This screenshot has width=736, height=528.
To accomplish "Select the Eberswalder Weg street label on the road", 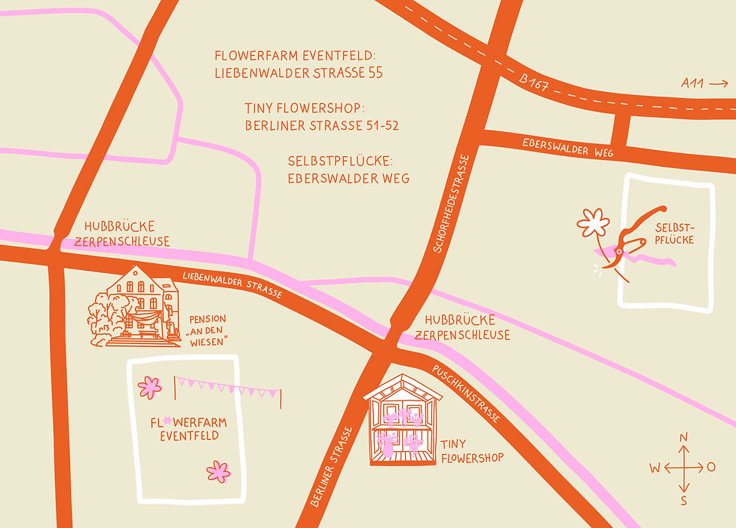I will [568, 147].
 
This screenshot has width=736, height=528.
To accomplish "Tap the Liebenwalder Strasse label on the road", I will [232, 283].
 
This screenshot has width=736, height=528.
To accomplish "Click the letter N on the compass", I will [684, 437].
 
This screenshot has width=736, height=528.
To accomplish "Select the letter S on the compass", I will [684, 500].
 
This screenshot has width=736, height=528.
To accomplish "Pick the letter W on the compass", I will [655, 468].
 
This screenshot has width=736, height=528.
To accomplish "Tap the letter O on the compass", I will [711, 468].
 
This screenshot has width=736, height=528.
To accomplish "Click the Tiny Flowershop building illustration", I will [401, 420].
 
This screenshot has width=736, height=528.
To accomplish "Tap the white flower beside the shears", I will [593, 223].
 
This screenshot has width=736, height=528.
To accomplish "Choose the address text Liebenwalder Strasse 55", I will [299, 73].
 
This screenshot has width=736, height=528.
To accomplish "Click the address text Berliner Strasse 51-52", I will [322, 126].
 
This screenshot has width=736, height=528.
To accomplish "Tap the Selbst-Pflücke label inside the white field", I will [674, 234].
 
